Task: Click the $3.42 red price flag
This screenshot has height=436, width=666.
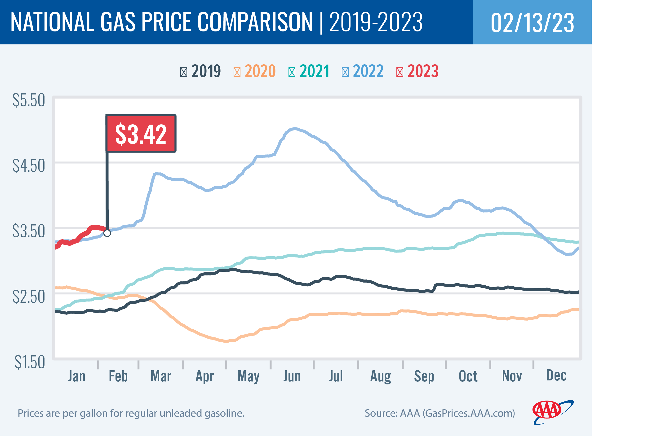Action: click(141, 134)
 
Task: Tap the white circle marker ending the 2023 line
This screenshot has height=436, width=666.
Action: click(107, 233)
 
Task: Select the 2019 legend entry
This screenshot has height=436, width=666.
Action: click(200, 71)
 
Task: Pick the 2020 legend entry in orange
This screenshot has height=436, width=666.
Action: click(254, 71)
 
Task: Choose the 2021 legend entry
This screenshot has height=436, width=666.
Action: click(309, 71)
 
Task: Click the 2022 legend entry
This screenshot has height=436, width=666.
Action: click(362, 71)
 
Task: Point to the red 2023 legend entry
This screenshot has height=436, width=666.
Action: click(417, 71)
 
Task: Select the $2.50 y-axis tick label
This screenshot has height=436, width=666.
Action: click(29, 296)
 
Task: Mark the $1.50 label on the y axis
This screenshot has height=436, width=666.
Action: click(30, 362)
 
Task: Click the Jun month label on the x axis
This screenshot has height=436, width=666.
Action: click(292, 376)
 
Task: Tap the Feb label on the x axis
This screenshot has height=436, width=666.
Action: click(118, 376)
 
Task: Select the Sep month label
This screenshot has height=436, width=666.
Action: click(424, 376)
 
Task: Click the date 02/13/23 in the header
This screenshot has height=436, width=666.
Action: click(532, 22)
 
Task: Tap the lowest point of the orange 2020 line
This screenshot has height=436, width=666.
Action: click(226, 341)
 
